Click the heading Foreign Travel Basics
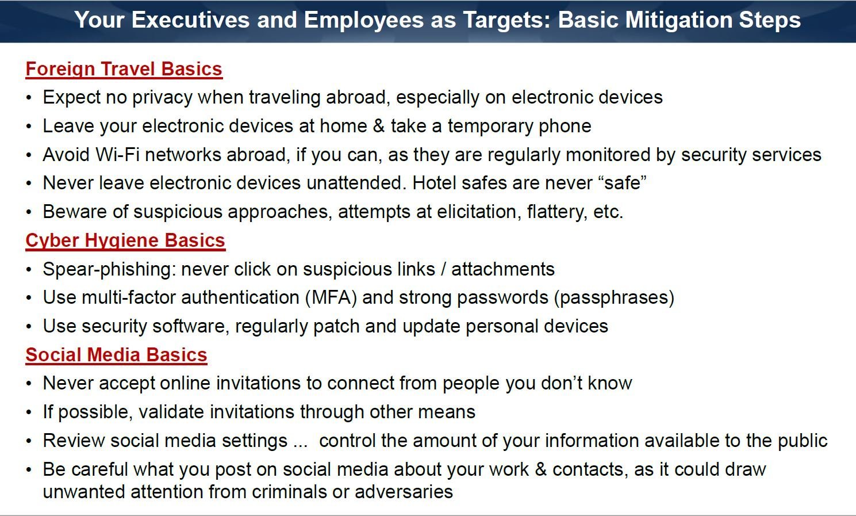point(124,70)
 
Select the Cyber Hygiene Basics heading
point(125,241)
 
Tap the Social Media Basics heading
point(116,355)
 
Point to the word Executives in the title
point(190,20)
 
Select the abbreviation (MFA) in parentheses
point(331,297)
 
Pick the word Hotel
point(434,183)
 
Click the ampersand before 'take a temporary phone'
point(378,126)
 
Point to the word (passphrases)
point(614,297)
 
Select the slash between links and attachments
point(443,269)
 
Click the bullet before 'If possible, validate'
point(29,412)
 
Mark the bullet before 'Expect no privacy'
point(29,98)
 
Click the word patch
point(336,326)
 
